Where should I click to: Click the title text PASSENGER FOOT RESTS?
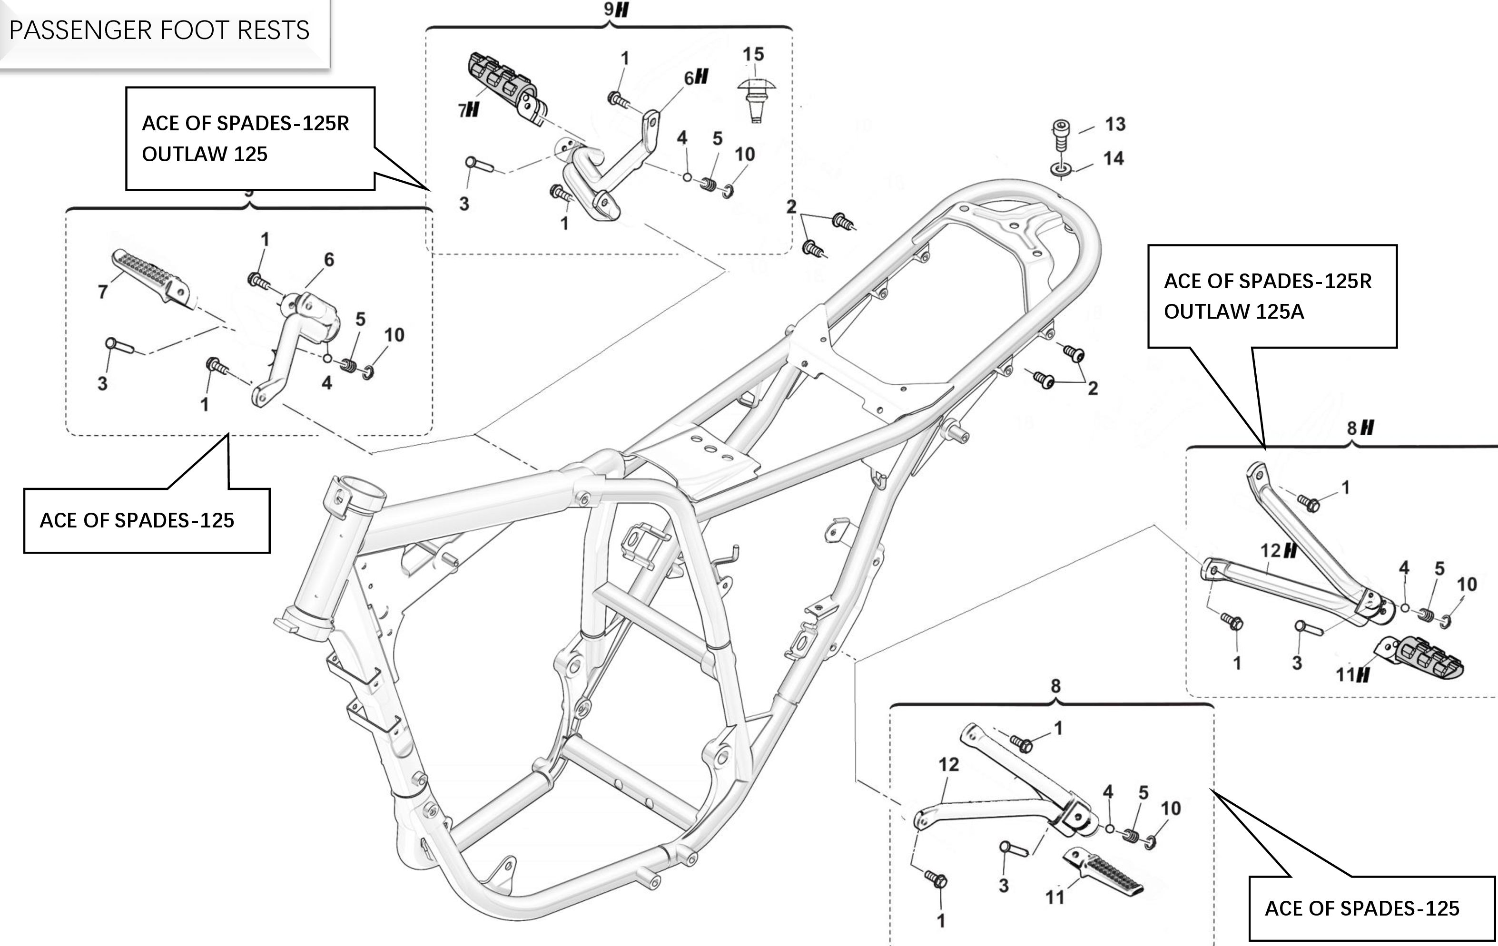(x=159, y=30)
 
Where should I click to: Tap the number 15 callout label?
(x=753, y=55)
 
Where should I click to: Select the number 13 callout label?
(x=1115, y=125)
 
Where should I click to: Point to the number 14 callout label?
(x=1114, y=158)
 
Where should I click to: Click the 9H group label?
(x=616, y=10)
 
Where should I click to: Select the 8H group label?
(x=1360, y=428)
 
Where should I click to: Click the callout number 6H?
(x=696, y=78)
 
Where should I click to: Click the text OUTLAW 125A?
(x=1233, y=312)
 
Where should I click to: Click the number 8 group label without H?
(x=1056, y=686)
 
